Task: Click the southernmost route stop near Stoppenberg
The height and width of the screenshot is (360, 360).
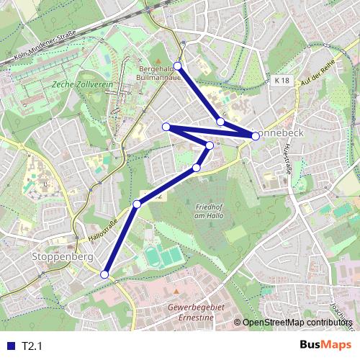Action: click(104, 274)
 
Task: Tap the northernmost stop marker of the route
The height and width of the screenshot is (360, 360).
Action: click(178, 66)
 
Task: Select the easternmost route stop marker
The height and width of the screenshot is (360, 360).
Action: click(256, 135)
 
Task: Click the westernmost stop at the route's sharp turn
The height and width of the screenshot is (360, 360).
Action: click(166, 127)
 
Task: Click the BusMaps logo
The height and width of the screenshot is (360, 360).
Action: click(324, 345)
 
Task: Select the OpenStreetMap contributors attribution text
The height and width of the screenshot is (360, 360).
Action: click(300, 322)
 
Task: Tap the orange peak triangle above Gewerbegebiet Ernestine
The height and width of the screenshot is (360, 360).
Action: click(176, 292)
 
